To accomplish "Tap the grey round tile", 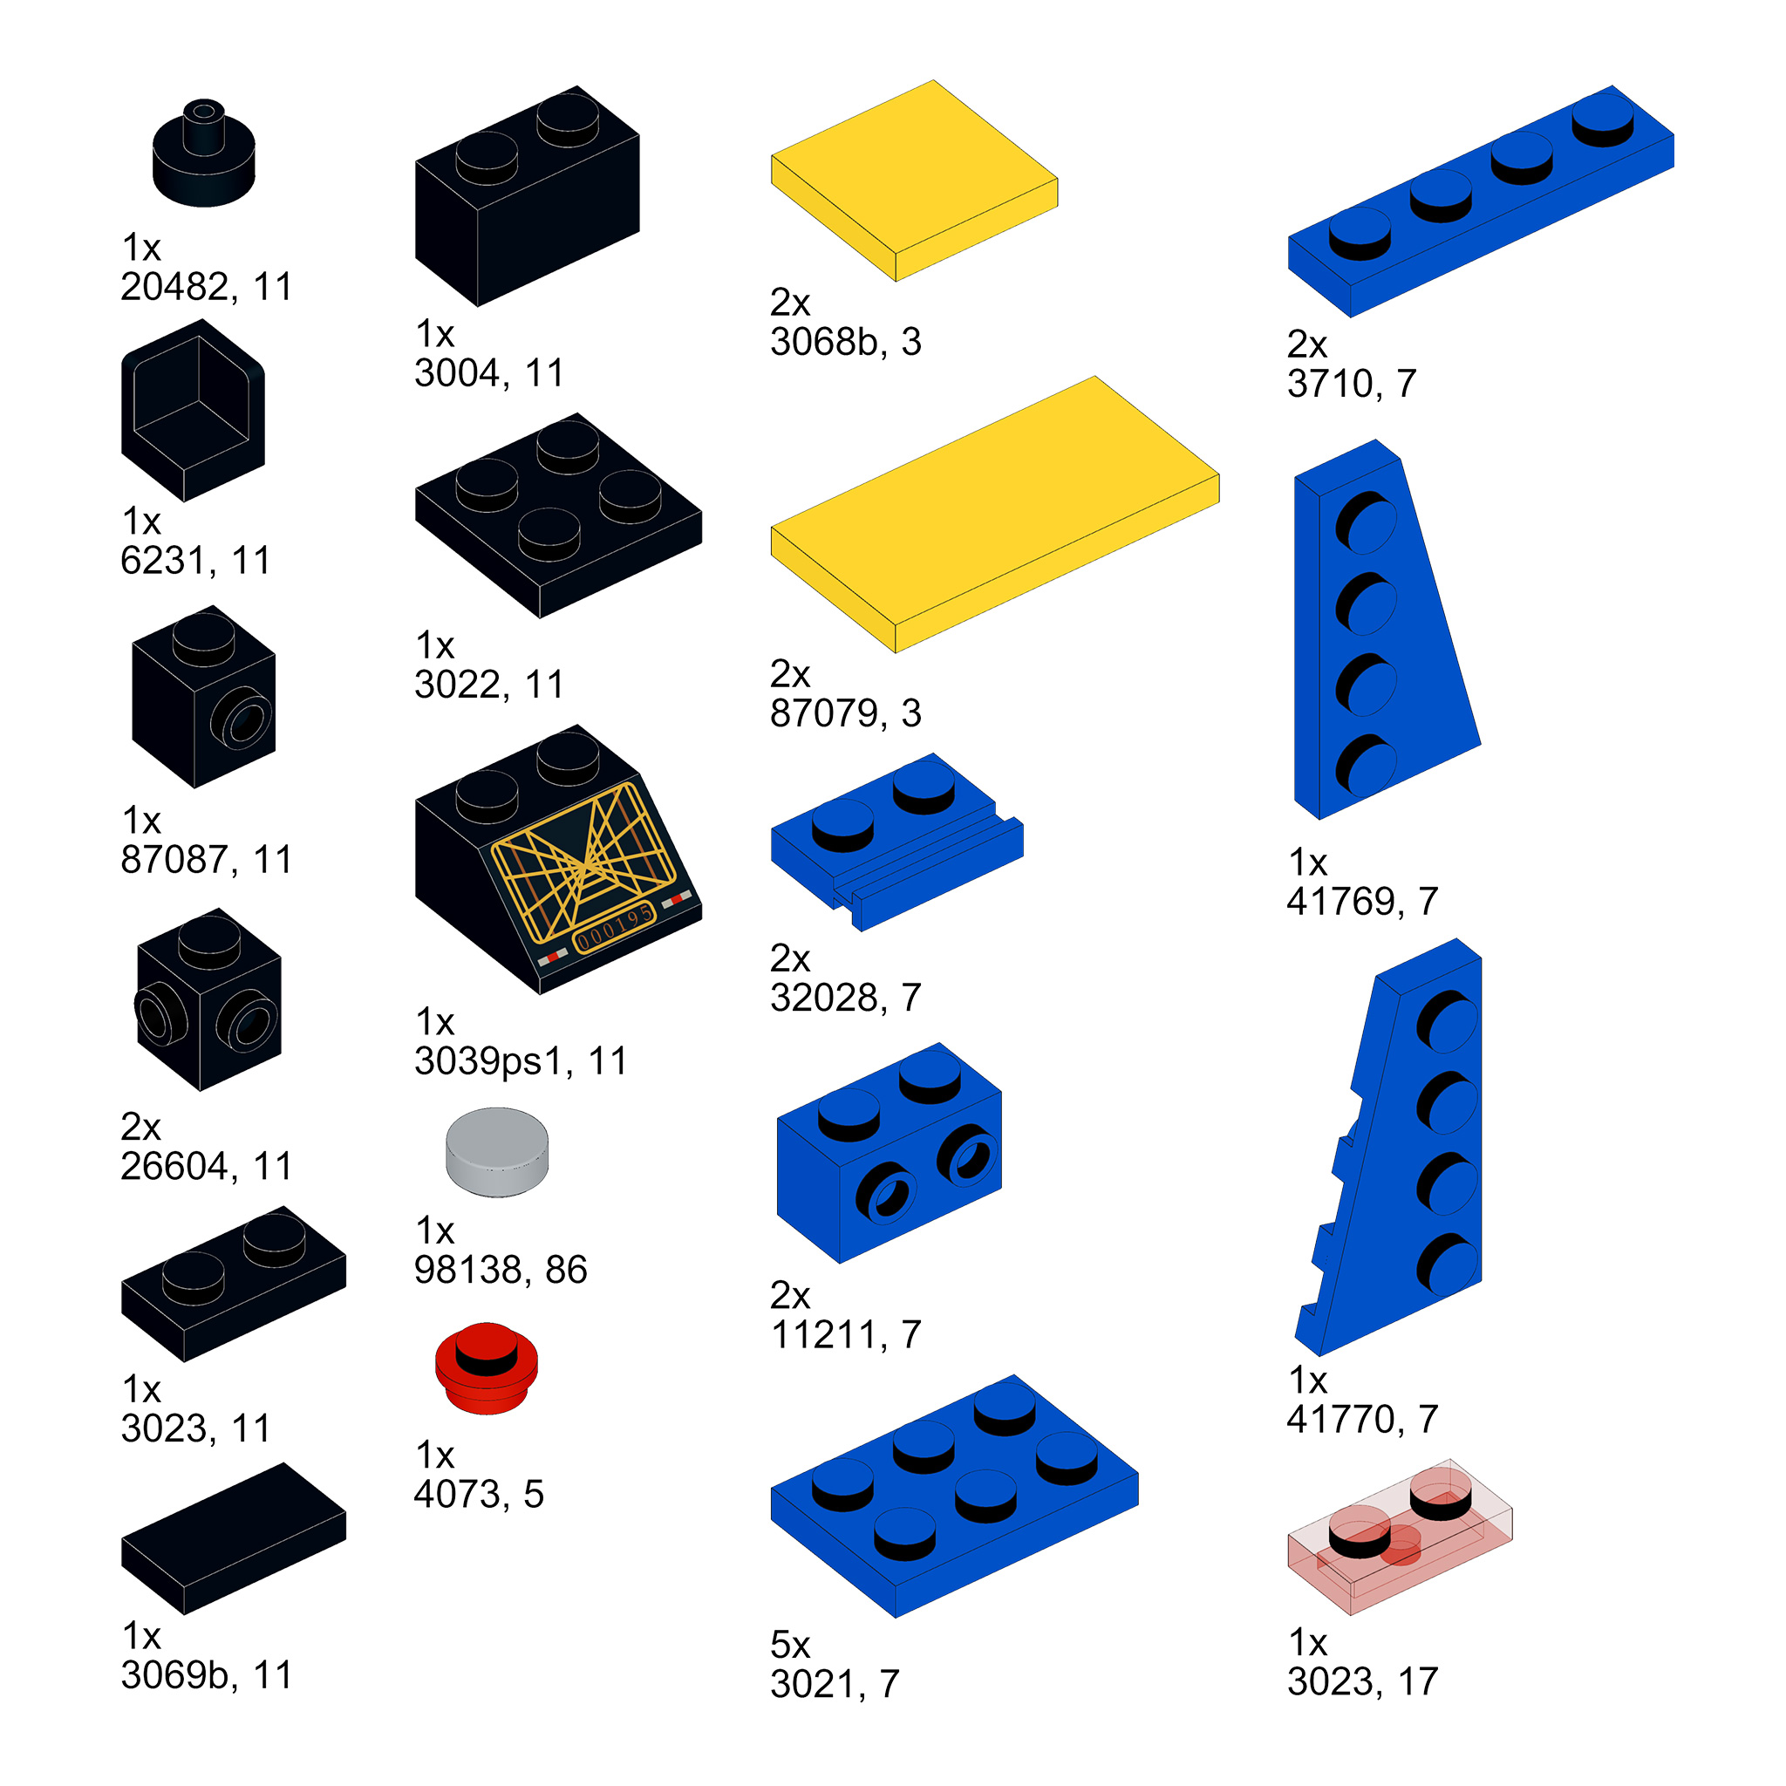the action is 496,1153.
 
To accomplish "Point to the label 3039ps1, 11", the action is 521,1061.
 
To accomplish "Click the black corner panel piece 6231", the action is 194,411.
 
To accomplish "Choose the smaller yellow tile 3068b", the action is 914,181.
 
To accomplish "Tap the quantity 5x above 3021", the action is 789,1645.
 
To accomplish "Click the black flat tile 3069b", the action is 233,1538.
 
